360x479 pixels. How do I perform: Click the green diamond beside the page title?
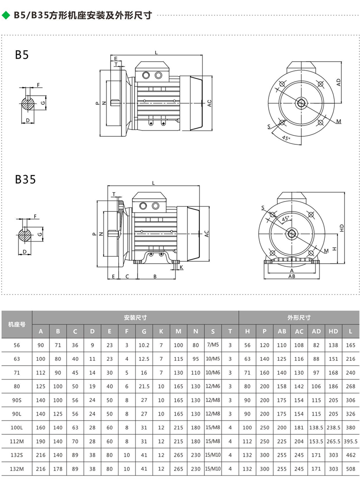click(6, 15)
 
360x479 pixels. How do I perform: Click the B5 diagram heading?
click(22, 55)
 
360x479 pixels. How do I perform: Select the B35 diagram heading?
click(25, 179)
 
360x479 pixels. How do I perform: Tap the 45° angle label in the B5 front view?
click(286, 138)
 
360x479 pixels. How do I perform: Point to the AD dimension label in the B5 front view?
click(338, 82)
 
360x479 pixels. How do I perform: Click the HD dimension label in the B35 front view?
click(342, 228)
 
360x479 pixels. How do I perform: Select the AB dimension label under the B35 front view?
click(292, 276)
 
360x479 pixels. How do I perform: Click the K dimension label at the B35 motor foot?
click(181, 267)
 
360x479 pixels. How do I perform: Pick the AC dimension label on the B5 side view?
click(209, 103)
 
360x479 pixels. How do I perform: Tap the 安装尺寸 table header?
click(135, 318)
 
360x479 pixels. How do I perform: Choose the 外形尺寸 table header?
click(299, 318)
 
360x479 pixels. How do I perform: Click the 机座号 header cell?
click(17, 324)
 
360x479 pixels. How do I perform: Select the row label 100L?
click(17, 428)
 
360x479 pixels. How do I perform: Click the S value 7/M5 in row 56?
click(213, 345)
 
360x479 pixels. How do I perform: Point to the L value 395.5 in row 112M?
click(351, 441)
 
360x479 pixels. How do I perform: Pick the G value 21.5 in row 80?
click(144, 386)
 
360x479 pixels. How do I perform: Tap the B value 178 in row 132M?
click(58, 469)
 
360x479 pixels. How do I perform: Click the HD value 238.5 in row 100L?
click(333, 428)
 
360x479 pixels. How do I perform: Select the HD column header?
click(333, 331)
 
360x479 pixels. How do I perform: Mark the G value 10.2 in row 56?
click(144, 345)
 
